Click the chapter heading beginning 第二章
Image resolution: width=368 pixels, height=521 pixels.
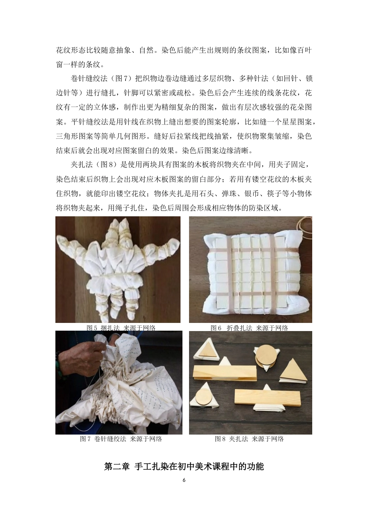[184, 466]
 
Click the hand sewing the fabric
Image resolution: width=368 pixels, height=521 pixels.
[79, 355]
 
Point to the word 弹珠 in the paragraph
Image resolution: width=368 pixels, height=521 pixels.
[230, 193]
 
